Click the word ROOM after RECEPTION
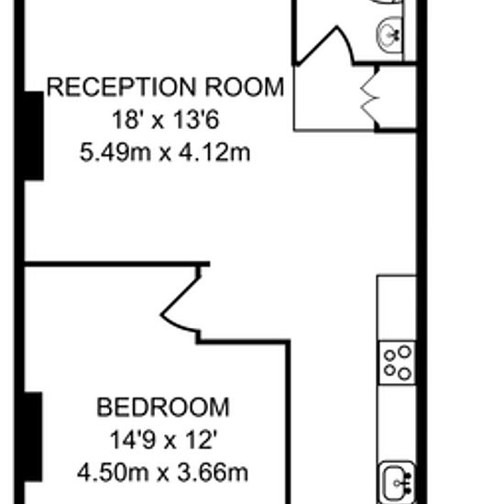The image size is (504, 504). [x=245, y=87]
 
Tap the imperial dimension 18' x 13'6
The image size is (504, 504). [x=166, y=120]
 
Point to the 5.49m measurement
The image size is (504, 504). [x=115, y=153]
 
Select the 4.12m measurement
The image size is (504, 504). [x=214, y=153]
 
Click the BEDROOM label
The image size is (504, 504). [x=163, y=408]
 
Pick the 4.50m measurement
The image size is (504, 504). [x=113, y=473]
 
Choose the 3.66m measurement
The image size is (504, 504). [x=213, y=473]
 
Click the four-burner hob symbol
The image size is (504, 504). [x=398, y=363]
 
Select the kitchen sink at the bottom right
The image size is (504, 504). [x=398, y=482]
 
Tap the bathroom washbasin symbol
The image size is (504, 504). [x=389, y=34]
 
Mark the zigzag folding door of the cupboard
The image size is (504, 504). [x=369, y=97]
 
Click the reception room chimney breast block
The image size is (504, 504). [x=34, y=136]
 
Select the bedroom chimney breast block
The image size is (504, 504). [x=33, y=436]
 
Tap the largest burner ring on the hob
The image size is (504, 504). [x=405, y=351]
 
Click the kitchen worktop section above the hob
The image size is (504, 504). [x=397, y=308]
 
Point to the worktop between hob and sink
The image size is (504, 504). [x=397, y=423]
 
